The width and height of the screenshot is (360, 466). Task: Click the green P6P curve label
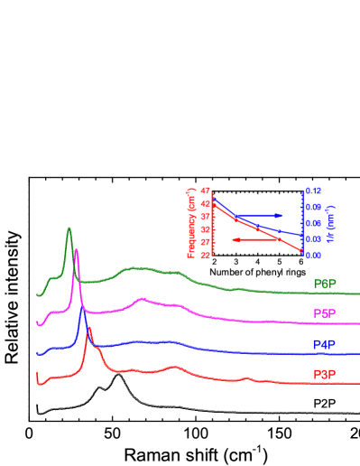pyautogui.click(x=325, y=284)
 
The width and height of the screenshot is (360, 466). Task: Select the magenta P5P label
pyautogui.click(x=325, y=313)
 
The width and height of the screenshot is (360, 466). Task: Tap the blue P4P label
pyautogui.click(x=325, y=345)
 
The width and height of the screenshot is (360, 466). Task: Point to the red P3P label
pyautogui.click(x=325, y=374)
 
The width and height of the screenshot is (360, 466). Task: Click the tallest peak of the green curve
pyautogui.click(x=69, y=229)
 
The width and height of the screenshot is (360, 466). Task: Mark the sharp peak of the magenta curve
pyautogui.click(x=76, y=250)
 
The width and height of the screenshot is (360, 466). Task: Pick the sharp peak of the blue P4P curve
pyautogui.click(x=83, y=309)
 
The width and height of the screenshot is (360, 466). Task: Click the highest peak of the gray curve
pyautogui.click(x=116, y=374)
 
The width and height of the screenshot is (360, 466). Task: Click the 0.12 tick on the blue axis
pyautogui.click(x=313, y=191)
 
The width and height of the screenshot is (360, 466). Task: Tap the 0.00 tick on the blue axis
pyautogui.click(x=313, y=256)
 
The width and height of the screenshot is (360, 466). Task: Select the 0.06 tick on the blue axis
pyautogui.click(x=313, y=224)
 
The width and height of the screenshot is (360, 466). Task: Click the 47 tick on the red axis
pyautogui.click(x=206, y=191)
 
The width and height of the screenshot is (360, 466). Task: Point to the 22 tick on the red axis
pyautogui.click(x=206, y=255)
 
